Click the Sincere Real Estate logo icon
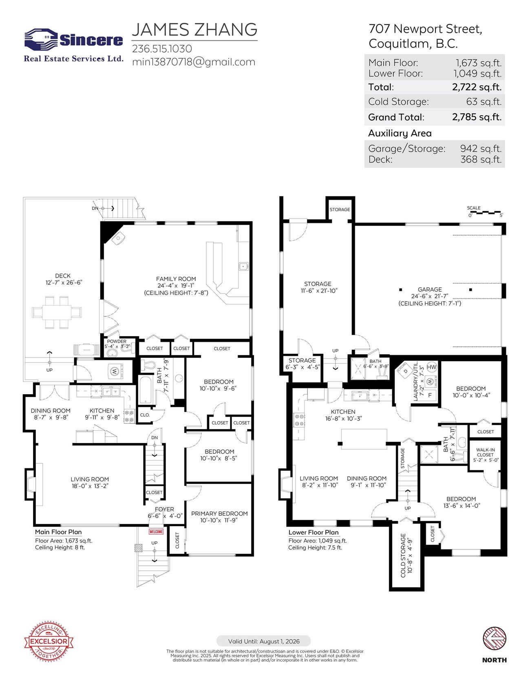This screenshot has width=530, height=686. coord(41,40)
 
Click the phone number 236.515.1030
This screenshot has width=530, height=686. coord(162,49)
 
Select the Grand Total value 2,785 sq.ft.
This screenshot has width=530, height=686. coord(476,117)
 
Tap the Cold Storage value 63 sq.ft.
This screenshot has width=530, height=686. coord(484,102)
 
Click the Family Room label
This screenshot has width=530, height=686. coord(176,279)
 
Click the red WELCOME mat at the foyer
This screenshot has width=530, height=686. coord(156,532)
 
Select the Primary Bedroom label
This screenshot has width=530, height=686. coord(219,514)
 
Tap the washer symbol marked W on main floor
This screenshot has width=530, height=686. coord(115,371)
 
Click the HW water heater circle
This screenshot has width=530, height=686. coord(431,367)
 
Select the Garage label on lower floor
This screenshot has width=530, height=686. coord(429,289)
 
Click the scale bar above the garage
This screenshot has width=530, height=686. coord(485,213)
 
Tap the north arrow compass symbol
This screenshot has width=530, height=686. coord(494,639)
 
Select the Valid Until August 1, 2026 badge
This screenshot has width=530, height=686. coord(263,641)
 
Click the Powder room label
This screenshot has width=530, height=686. coord(117,342)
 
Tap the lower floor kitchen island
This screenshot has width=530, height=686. coord(364,439)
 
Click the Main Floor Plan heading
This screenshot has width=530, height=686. coord(58,532)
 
